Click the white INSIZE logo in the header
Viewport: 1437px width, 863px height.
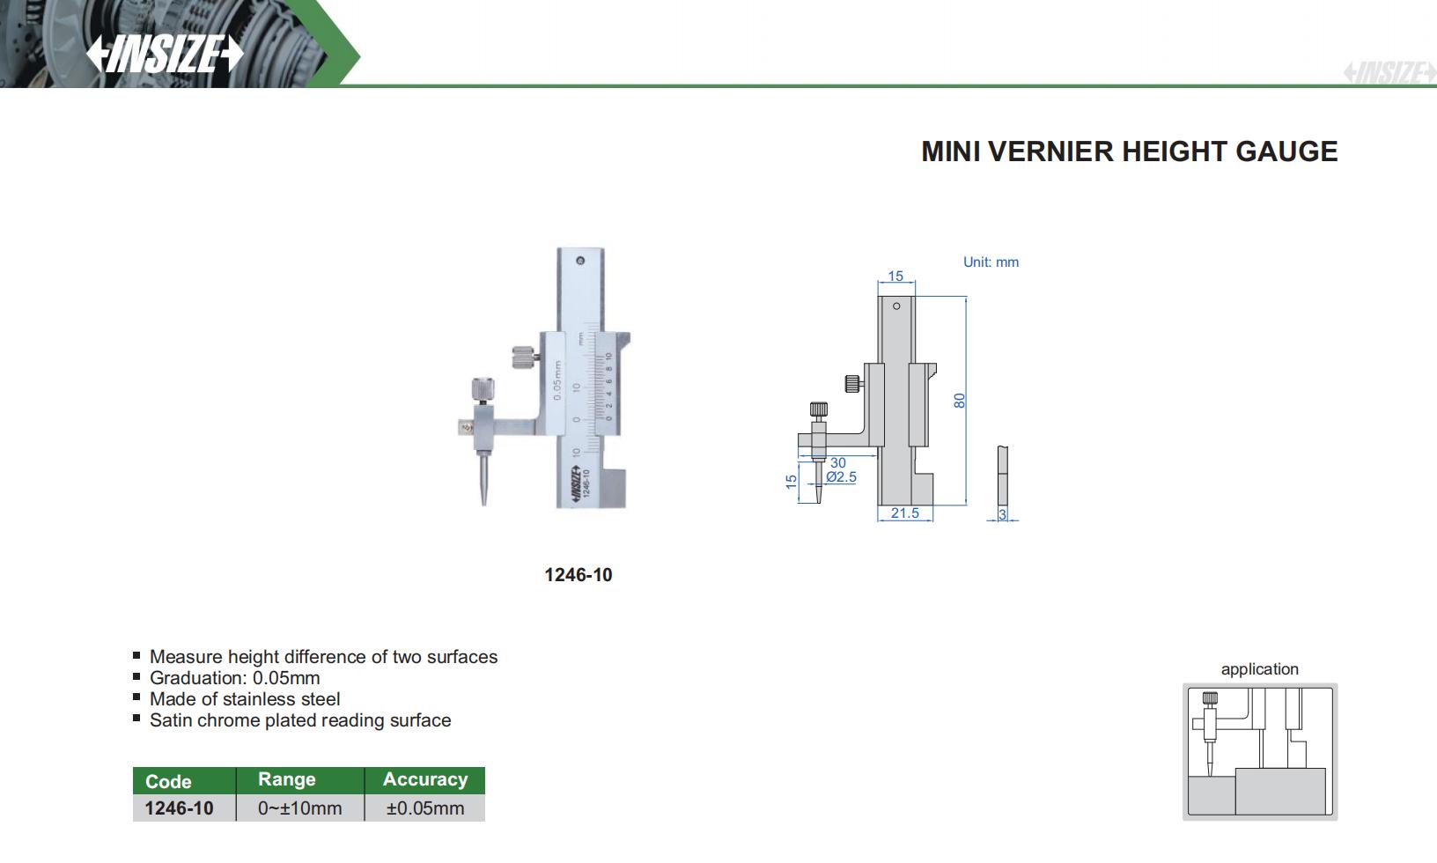click(165, 54)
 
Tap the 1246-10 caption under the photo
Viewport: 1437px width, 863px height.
click(578, 575)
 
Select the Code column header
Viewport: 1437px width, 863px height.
click(168, 781)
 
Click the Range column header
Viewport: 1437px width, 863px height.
click(287, 779)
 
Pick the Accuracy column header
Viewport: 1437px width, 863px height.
click(425, 779)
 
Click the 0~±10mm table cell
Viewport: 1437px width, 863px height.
click(299, 808)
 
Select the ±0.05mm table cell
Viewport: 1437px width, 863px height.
click(424, 808)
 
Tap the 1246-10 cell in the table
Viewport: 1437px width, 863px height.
click(179, 808)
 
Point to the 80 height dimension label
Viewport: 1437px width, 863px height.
click(959, 401)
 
